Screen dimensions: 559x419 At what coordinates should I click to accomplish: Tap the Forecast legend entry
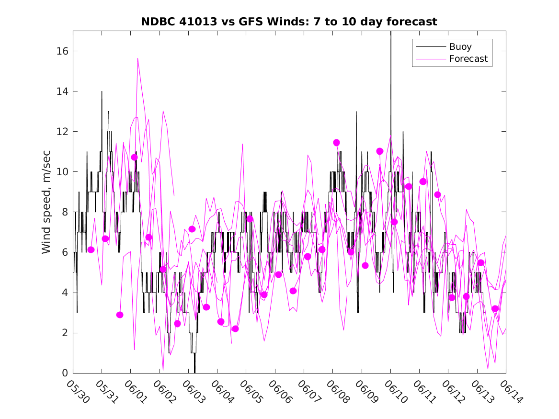452,59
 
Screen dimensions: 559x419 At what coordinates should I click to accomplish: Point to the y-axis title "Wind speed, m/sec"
46,202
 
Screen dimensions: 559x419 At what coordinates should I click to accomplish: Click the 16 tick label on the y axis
62,51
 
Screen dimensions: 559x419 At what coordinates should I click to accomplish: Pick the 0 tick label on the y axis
65,373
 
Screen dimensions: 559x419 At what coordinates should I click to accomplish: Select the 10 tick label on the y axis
62,172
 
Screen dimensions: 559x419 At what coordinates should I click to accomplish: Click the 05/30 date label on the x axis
78,391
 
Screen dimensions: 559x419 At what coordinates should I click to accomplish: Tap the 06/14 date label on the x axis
511,391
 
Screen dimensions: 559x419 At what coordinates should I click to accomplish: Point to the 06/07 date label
309,391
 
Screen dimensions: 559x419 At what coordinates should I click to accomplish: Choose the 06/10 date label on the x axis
395,391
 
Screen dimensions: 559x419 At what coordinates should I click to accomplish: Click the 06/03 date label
193,391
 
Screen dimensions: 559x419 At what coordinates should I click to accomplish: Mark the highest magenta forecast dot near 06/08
336,143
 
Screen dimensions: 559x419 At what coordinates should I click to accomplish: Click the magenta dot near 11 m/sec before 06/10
380,151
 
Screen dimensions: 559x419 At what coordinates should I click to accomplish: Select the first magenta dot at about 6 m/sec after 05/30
91,250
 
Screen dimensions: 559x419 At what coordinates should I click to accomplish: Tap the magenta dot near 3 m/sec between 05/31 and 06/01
120,315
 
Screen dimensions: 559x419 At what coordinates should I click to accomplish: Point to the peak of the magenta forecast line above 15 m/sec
137,58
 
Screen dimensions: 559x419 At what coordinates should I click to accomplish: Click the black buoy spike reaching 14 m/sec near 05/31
102,91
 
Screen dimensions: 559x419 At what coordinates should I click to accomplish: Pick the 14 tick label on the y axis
62,91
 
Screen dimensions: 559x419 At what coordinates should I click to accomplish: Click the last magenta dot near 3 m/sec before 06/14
495,308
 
